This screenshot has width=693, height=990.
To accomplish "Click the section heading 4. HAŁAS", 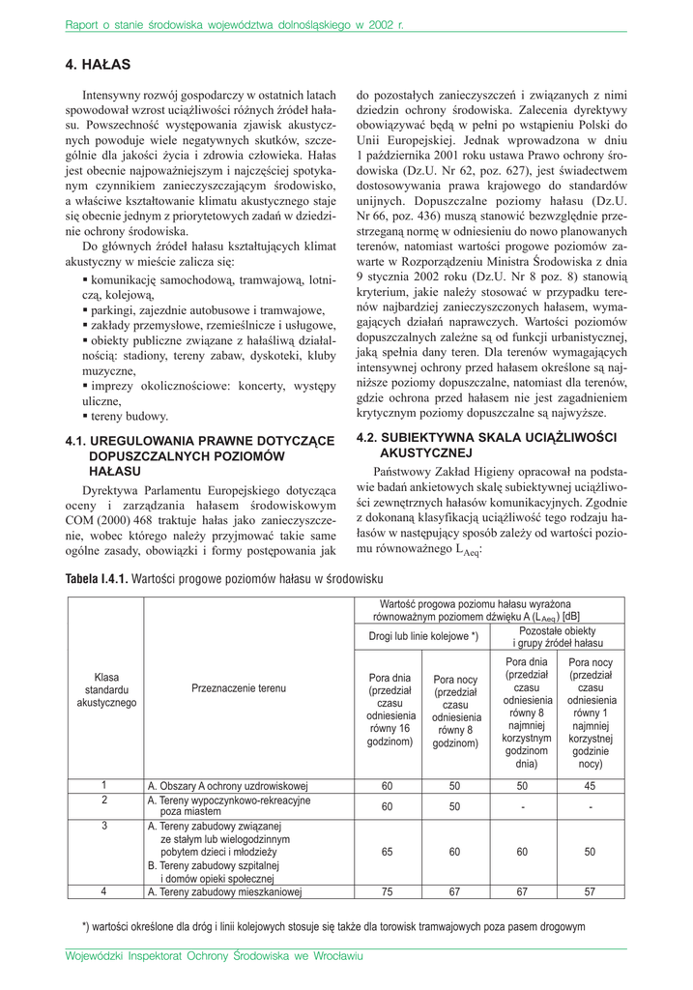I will tap(98, 65).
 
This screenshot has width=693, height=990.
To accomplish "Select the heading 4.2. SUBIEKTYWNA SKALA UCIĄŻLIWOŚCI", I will tap(486, 437).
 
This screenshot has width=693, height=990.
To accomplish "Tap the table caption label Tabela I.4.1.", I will tap(96, 578).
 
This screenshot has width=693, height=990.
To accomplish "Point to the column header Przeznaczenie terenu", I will tap(239, 688).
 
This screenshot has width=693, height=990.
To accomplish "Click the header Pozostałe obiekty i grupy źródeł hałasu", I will tap(559, 636).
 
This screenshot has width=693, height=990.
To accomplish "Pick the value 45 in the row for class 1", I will tap(590, 786).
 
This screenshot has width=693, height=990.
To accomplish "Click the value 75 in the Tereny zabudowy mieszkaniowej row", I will tap(387, 892).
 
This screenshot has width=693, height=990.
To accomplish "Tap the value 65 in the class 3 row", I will tap(387, 852).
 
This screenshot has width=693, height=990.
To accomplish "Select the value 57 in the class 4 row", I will tap(590, 892).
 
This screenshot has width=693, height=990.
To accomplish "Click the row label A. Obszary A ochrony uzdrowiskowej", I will tap(227, 786).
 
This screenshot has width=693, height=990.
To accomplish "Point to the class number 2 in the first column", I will tap(104, 801).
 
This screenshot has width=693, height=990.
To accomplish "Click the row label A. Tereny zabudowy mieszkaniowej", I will tap(225, 892).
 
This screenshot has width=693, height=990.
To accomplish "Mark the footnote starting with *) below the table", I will tap(333, 926).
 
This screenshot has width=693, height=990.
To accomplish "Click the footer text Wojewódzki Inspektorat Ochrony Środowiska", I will tap(214, 956).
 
